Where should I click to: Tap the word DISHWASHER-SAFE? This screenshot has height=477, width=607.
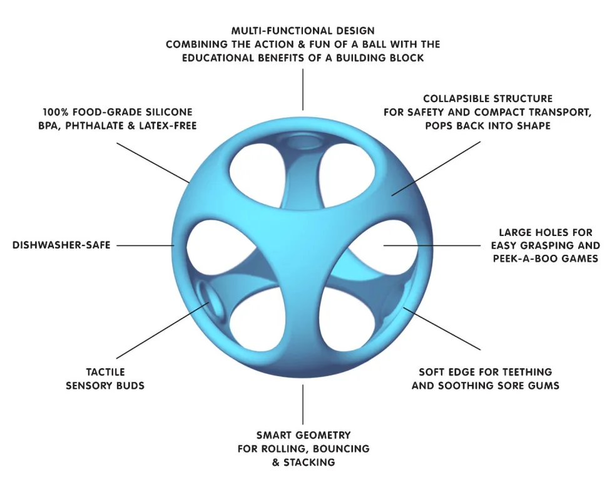[61, 245]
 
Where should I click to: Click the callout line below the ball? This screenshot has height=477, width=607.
[303, 404]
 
